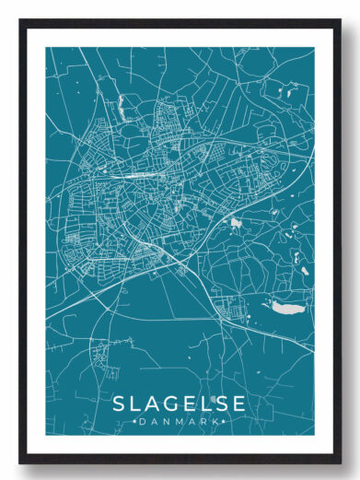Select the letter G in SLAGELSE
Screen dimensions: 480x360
coord(168,404)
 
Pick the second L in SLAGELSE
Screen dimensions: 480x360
coord(203,404)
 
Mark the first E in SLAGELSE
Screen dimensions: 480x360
coord(187,404)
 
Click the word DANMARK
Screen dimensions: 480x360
coord(180,421)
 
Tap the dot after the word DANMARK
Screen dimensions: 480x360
coord(223,421)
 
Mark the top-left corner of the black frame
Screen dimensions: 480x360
coord(19,18)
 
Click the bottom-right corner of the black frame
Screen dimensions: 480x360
coord(340,462)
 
